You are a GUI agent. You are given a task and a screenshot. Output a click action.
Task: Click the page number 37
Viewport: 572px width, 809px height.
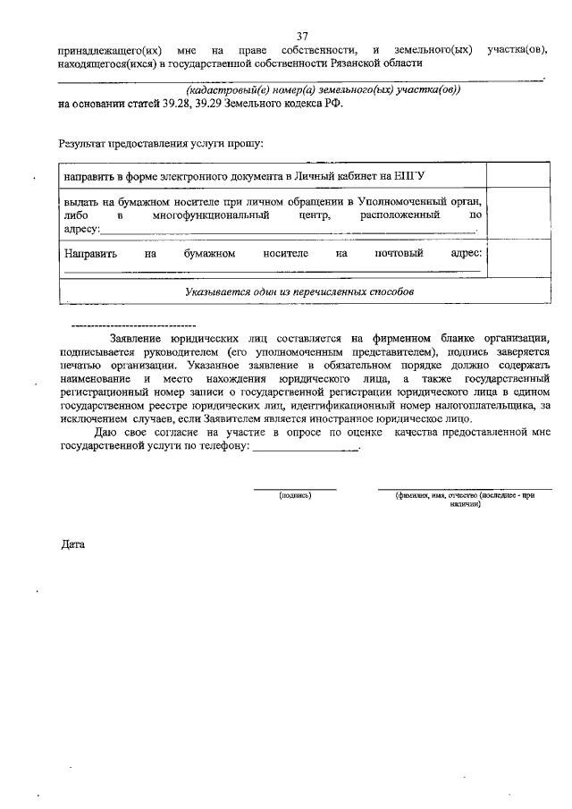point(301,36)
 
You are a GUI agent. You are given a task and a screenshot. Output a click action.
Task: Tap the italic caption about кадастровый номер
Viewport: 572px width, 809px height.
point(323,90)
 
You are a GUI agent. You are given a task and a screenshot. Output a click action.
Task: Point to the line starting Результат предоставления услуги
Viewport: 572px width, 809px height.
point(161,142)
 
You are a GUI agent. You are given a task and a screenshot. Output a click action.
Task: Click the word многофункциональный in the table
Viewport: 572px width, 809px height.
point(211,215)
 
